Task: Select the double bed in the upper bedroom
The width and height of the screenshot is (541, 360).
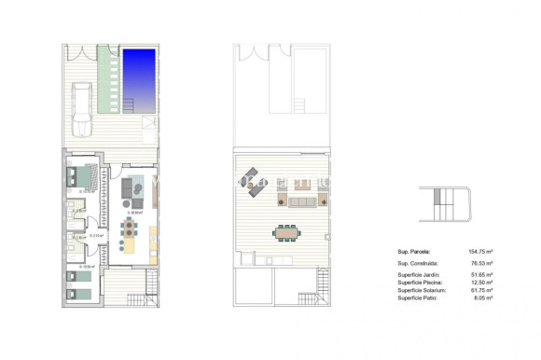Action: pos(82,176)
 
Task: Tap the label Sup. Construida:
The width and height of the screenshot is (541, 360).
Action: pos(419,266)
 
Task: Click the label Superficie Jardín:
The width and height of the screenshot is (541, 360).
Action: pos(421,277)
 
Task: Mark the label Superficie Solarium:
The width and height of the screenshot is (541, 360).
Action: pos(423,292)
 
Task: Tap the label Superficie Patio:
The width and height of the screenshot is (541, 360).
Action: pos(419,299)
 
